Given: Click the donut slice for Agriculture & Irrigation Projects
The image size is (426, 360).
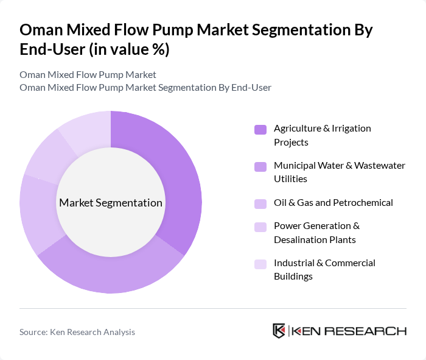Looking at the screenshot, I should click(176, 177).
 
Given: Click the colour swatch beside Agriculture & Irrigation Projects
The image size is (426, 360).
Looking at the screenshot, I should click(260, 129).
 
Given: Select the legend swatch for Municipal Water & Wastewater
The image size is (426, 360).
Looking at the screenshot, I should click(260, 166).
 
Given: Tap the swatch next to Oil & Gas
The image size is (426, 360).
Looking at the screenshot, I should click(260, 203).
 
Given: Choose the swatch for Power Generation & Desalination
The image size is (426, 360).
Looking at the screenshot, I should click(260, 227).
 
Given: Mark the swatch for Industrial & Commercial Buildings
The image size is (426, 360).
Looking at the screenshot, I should click(260, 264).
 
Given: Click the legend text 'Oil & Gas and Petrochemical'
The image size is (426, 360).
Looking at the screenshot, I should click(333, 203).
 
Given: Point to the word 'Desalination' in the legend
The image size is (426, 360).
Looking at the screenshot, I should click(302, 239).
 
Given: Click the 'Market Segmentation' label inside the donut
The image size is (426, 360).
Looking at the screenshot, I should click(110, 203).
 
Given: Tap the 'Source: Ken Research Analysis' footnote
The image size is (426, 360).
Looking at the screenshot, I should click(77, 332).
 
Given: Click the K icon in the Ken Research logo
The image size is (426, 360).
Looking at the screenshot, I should click(279, 331).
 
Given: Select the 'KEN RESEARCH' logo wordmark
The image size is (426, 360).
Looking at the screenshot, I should click(349, 331).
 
